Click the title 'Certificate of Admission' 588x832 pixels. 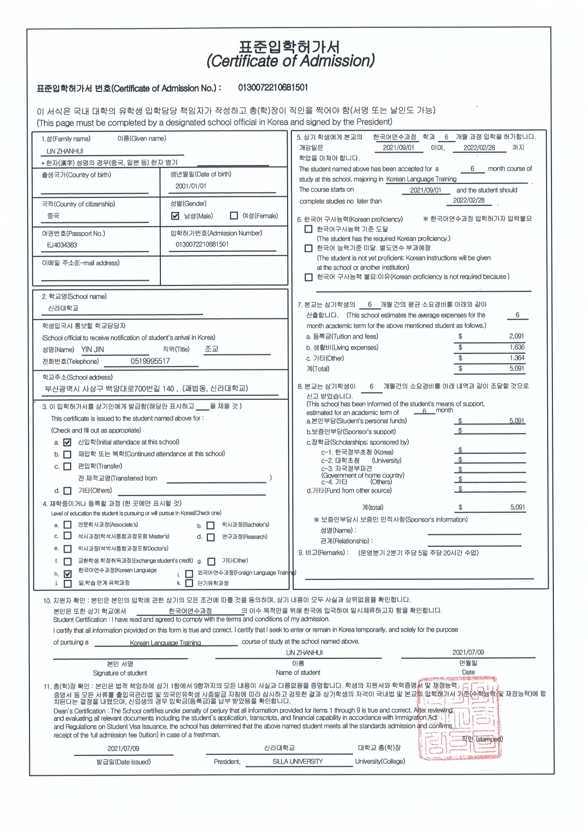(x=290, y=61)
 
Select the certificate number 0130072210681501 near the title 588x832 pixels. (x=273, y=87)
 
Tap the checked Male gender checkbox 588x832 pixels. (x=175, y=216)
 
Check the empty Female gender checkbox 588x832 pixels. (x=233, y=216)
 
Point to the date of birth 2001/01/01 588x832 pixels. (x=191, y=186)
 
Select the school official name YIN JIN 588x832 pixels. (x=93, y=350)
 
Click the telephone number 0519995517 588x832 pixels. (x=150, y=361)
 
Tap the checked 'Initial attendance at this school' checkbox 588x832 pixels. (x=67, y=442)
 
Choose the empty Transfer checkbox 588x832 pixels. (x=67, y=466)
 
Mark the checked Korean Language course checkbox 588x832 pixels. (x=67, y=574)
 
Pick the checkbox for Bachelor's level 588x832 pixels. (x=211, y=525)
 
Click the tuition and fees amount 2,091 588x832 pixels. (x=516, y=336)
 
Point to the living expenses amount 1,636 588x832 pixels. (x=517, y=347)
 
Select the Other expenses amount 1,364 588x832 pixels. (x=517, y=358)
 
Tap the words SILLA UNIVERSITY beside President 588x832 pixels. (x=298, y=761)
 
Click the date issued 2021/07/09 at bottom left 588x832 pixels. (x=123, y=749)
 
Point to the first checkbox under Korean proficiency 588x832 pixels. (x=308, y=229)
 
